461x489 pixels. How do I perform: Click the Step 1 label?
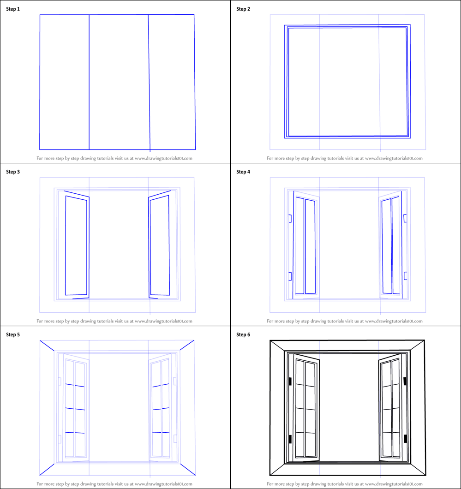(x=13, y=9)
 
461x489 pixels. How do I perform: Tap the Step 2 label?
(x=243, y=9)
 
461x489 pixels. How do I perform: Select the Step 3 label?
(x=13, y=172)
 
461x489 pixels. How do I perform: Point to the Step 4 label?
(x=243, y=172)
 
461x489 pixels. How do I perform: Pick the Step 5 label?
(x=13, y=335)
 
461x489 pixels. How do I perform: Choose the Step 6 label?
(x=243, y=335)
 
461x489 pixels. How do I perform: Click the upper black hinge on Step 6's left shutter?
(x=290, y=381)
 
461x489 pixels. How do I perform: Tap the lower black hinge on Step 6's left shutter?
(x=290, y=439)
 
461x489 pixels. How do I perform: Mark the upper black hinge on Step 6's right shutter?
(x=405, y=381)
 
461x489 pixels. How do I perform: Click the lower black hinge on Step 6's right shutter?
(x=405, y=439)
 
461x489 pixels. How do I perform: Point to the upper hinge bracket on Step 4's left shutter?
(x=290, y=218)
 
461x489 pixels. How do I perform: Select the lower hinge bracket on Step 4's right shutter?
(x=405, y=276)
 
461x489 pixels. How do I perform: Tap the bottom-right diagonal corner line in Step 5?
(x=187, y=469)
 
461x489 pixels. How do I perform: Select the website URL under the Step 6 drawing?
(x=393, y=483)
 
